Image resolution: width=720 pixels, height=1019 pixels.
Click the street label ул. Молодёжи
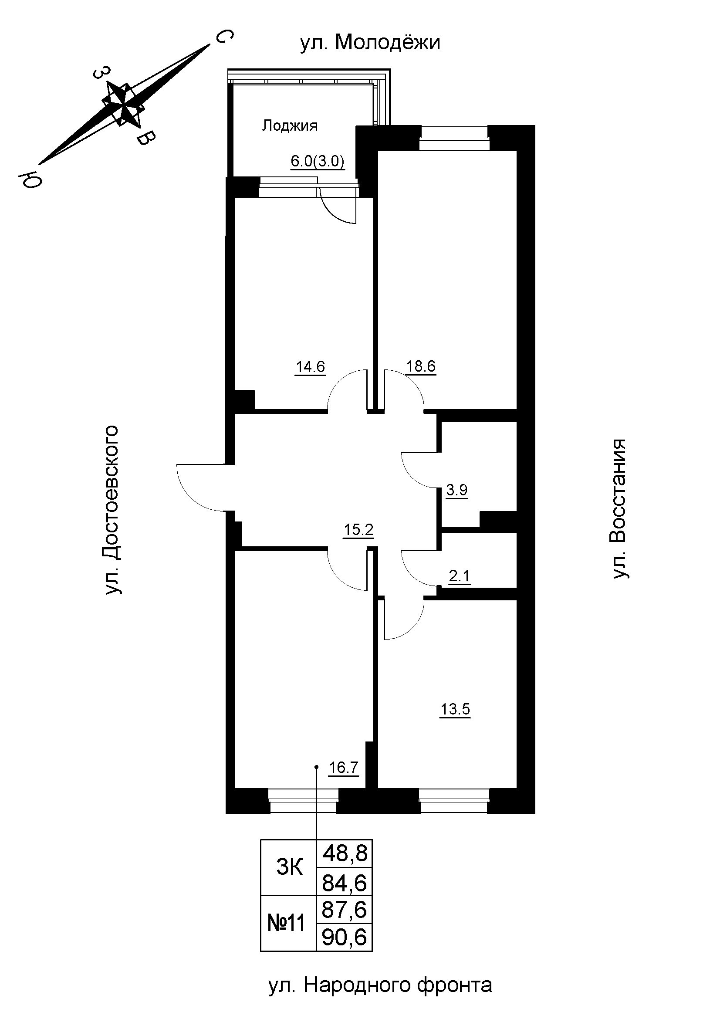pos(370,43)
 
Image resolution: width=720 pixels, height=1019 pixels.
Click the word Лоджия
pos(290,126)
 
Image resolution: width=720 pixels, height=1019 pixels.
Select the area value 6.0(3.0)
pos(317,162)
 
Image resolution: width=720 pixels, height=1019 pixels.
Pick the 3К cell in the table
pos(289,867)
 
